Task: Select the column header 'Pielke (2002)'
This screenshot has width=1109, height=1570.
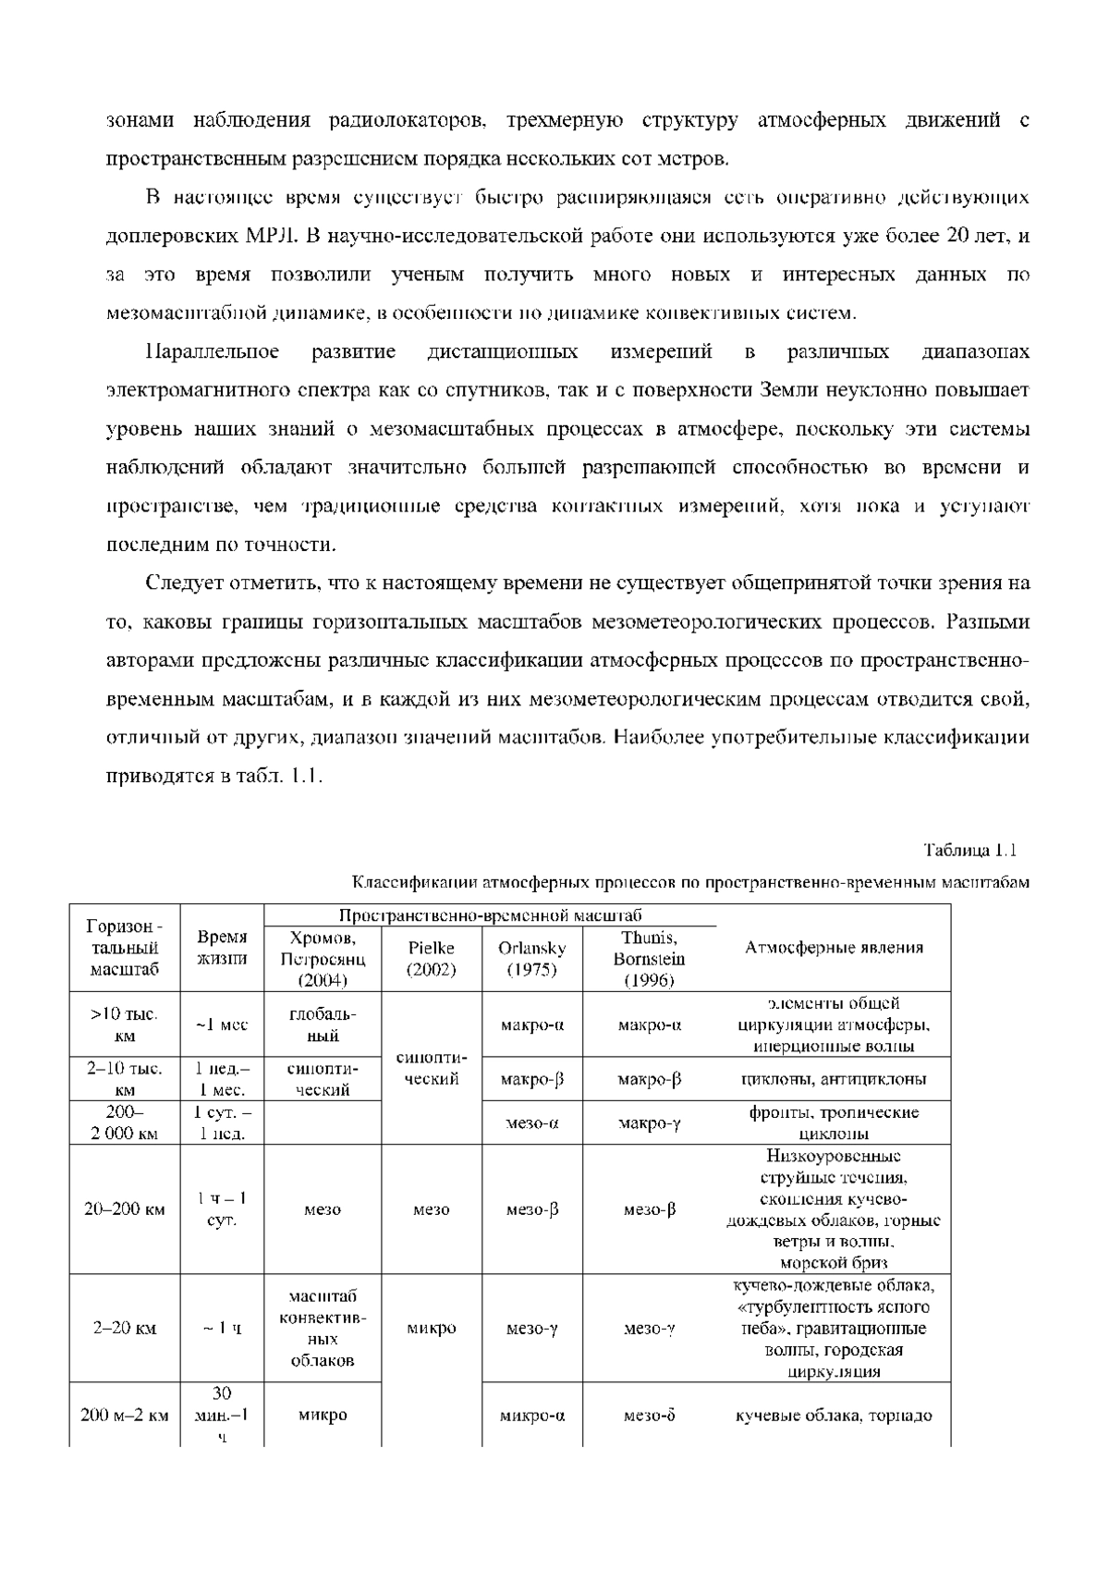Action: click(x=432, y=959)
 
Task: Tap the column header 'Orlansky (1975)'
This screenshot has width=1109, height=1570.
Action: click(x=531, y=959)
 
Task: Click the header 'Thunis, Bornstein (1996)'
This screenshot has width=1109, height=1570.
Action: click(x=649, y=959)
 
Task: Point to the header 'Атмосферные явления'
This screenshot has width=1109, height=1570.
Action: click(x=834, y=948)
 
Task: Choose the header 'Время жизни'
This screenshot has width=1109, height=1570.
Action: click(x=223, y=948)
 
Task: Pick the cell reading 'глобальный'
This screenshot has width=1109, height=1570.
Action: click(x=323, y=1024)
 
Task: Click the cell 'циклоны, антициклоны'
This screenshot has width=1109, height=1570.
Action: click(x=834, y=1079)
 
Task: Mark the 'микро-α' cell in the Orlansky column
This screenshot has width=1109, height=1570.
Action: click(x=531, y=1415)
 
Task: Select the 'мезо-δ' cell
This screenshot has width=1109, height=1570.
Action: click(x=649, y=1415)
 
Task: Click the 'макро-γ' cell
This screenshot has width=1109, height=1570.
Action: click(x=649, y=1123)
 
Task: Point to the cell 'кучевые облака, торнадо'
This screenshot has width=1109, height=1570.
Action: click(x=834, y=1415)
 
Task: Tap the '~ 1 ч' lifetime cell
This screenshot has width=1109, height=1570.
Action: click(x=223, y=1329)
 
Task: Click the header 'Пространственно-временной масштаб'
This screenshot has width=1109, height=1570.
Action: click(x=490, y=915)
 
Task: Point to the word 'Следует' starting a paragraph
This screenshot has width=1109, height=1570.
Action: click(x=182, y=583)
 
